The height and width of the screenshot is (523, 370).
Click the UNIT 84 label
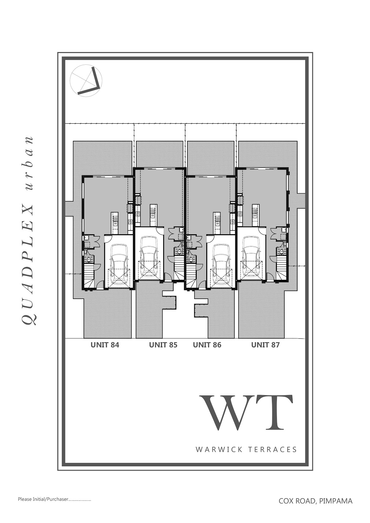tap(105, 345)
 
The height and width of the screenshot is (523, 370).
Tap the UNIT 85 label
tap(163, 345)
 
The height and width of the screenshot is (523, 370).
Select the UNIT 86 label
tap(207, 345)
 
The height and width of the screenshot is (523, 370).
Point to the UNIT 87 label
tap(265, 345)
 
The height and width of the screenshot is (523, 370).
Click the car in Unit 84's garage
tap(119, 264)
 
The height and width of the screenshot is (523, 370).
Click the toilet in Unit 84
tap(89, 259)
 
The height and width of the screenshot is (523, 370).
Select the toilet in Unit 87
tap(281, 252)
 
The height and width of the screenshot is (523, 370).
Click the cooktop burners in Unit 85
tap(138, 214)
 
